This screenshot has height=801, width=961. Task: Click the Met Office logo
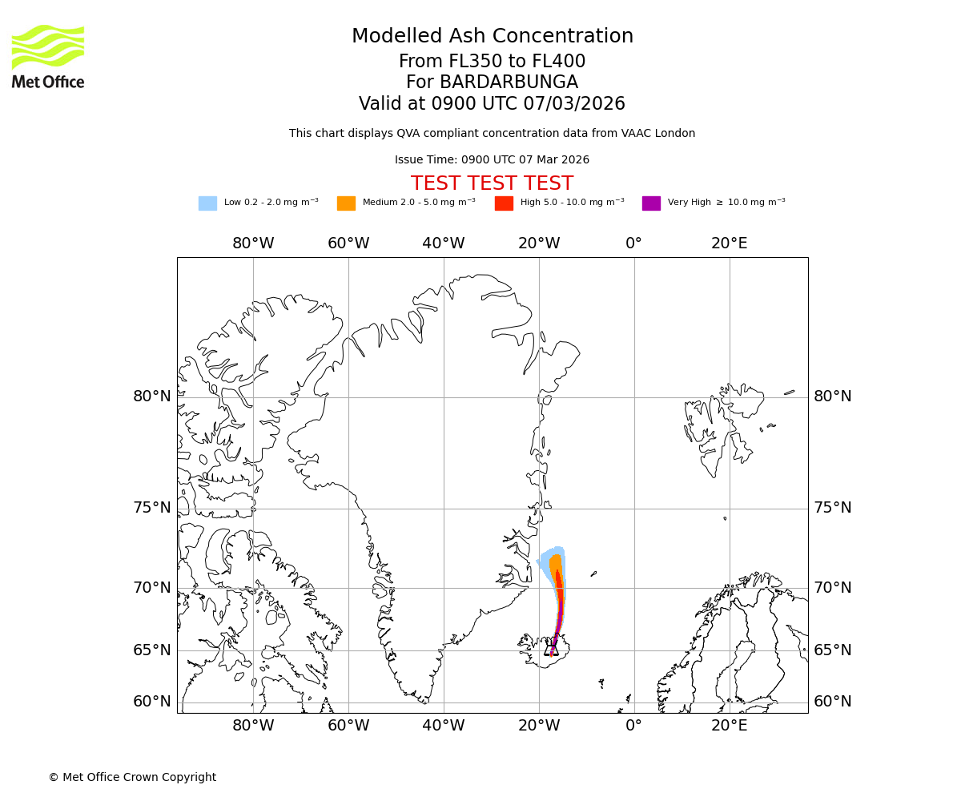[48, 56]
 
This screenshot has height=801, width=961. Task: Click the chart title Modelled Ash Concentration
[492, 37]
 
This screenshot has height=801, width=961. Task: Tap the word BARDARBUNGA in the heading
[509, 83]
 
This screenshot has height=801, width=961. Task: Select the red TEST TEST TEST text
[492, 184]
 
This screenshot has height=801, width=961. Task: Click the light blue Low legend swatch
[207, 203]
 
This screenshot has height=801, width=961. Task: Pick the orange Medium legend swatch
[346, 203]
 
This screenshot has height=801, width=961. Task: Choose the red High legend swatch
[504, 203]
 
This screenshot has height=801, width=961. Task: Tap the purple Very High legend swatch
[651, 203]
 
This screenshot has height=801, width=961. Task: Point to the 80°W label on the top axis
[253, 244]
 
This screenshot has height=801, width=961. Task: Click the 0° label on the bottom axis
[633, 727]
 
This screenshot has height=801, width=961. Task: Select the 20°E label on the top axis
[729, 244]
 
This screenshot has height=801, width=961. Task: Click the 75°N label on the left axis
[152, 508]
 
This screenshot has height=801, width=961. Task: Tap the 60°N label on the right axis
[833, 702]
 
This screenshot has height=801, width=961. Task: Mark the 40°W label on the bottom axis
[443, 727]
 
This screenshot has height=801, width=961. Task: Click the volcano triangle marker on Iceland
[551, 649]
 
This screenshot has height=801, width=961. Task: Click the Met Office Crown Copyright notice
[132, 778]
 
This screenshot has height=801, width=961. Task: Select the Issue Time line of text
[492, 160]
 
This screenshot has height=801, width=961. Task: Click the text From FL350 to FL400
[492, 62]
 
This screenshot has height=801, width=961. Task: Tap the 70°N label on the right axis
[833, 588]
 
